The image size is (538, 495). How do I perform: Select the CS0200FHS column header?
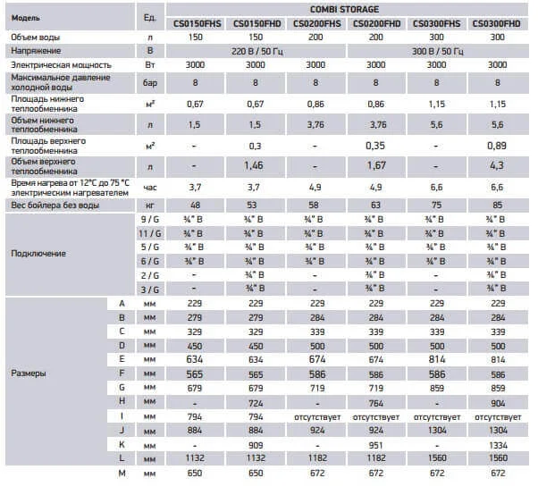pyautogui.click(x=315, y=23)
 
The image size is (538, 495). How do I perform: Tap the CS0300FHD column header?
pyautogui.click(x=497, y=23)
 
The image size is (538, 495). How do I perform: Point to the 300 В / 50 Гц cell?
pyautogui.click(x=437, y=52)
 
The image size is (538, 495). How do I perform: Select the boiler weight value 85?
pyautogui.click(x=497, y=205)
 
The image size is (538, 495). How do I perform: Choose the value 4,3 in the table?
pyautogui.click(x=497, y=165)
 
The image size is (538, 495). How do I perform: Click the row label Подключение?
pyautogui.click(x=38, y=253)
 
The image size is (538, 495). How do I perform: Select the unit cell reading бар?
pyautogui.click(x=149, y=85)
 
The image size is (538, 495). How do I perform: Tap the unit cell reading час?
pyautogui.click(x=149, y=187)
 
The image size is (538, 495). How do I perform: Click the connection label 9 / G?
pyautogui.click(x=149, y=219)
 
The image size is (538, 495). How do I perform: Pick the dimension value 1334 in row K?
pyautogui.click(x=497, y=444)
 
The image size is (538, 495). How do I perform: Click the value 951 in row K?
pyautogui.click(x=376, y=444)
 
